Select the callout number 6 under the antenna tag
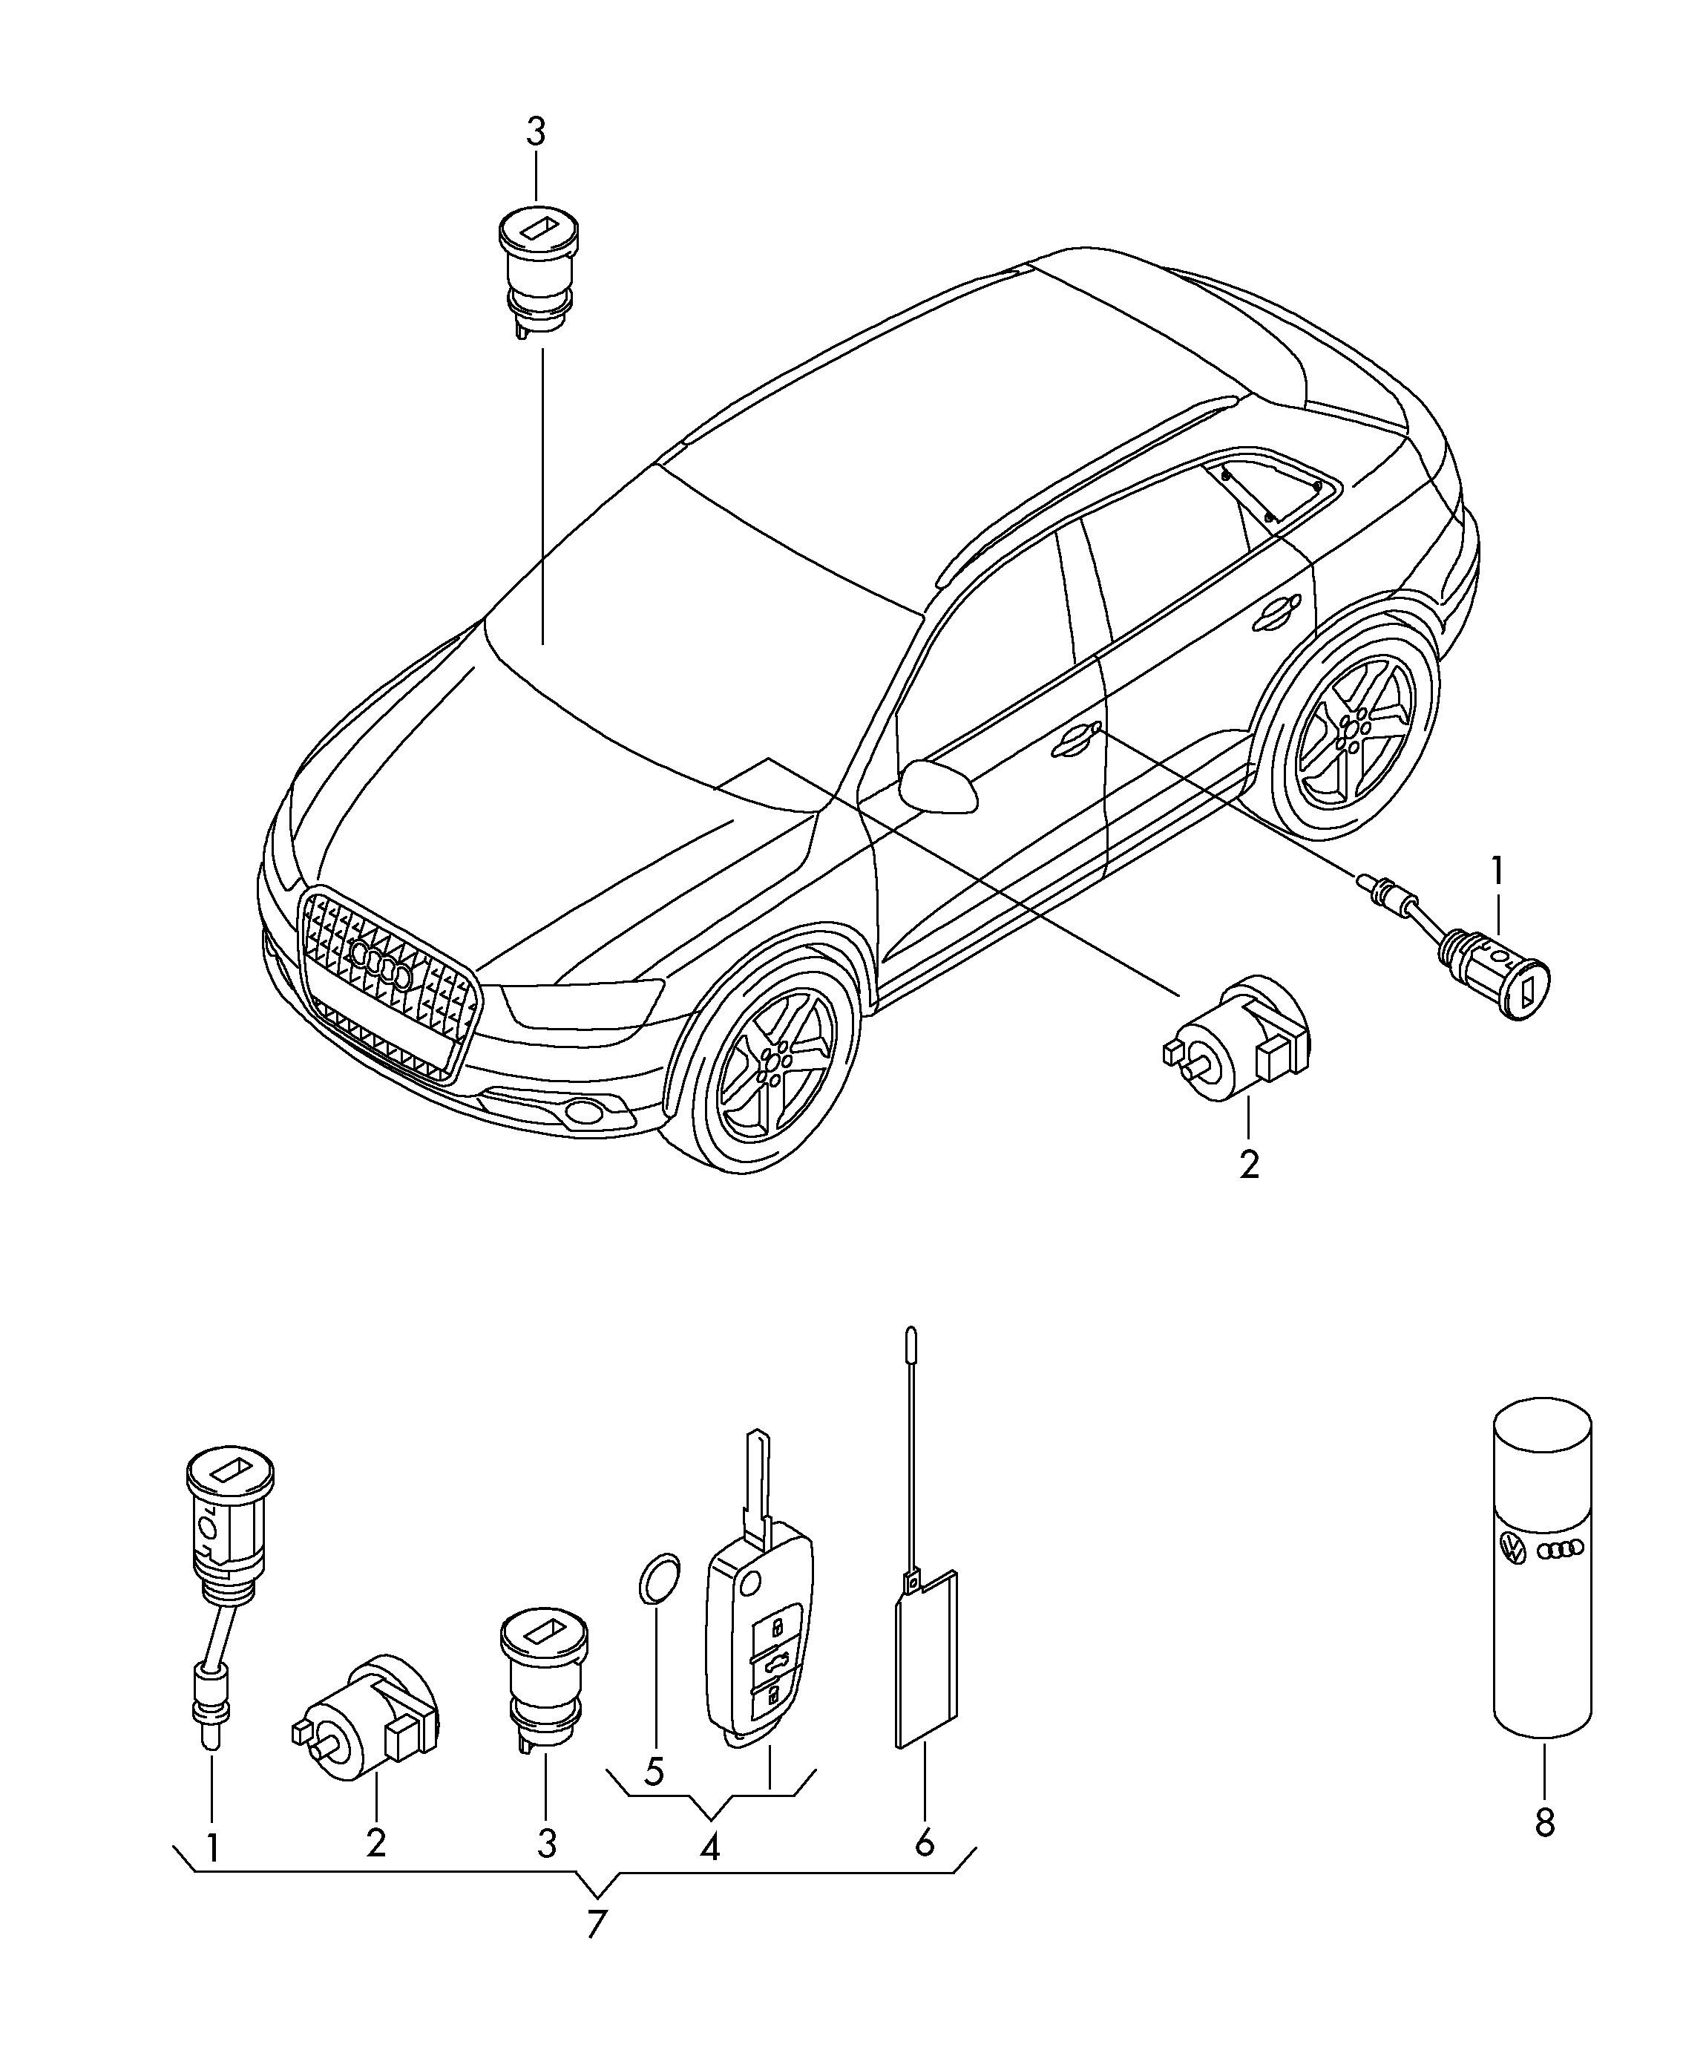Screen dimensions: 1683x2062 click(924, 1840)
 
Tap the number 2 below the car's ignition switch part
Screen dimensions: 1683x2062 click(1249, 1163)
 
